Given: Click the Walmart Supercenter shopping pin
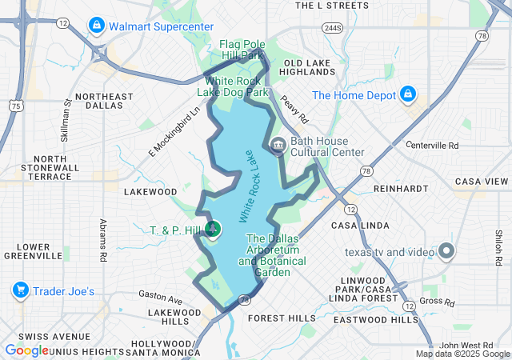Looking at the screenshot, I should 97,26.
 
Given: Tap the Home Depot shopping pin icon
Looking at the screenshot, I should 408,94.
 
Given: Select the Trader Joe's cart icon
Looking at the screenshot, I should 21,290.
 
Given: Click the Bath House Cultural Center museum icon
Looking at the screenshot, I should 278,146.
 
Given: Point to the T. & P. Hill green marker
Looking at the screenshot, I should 213,230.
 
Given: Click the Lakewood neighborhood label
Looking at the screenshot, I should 150,192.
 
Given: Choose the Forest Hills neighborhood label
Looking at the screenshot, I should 282,318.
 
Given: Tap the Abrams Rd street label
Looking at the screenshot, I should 103,241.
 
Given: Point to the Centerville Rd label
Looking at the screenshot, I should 432,146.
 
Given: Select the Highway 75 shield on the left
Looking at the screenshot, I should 15,105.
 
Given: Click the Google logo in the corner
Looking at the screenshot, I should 26,350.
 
